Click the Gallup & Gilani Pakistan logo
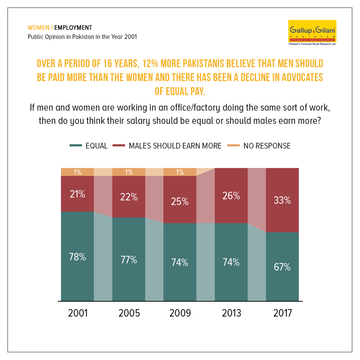point(312,33)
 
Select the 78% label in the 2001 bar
point(77,257)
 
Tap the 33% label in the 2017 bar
point(282,200)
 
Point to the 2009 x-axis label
point(180,313)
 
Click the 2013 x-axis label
point(231,313)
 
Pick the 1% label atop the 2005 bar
point(129,172)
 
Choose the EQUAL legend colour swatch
point(76,145)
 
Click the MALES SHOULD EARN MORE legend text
point(175,146)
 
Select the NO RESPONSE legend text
point(267,146)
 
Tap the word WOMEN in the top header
point(38,28)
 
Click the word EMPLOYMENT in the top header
point(73,28)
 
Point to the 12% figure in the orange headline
point(150,64)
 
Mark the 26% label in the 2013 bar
point(231,196)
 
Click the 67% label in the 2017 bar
point(282,267)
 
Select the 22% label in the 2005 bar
point(129,197)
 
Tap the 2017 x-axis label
point(282,313)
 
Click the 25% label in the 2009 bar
point(180,201)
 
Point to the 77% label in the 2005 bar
point(129,260)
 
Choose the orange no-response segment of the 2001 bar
point(77,172)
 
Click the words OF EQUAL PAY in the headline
point(180,91)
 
